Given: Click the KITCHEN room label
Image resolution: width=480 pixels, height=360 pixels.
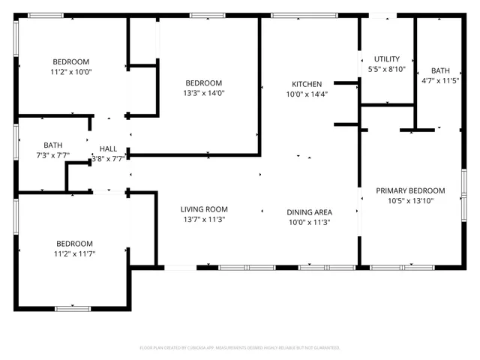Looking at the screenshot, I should (x=307, y=84).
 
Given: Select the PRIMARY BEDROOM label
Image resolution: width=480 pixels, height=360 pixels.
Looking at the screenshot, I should (x=410, y=190).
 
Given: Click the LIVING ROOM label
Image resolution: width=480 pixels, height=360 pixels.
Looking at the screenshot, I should (x=204, y=209).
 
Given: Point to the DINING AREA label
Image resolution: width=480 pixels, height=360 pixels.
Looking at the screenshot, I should (x=310, y=212).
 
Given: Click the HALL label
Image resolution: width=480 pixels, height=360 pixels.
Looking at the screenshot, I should (x=108, y=148).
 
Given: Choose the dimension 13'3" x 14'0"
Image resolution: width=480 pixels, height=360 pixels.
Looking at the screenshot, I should (x=204, y=93).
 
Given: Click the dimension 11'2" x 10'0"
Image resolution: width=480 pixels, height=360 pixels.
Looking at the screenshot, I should (x=70, y=72).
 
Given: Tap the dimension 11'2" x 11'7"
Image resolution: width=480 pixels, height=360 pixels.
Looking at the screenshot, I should (x=74, y=253).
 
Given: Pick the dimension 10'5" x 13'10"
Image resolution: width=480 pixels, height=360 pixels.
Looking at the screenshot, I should (x=410, y=200).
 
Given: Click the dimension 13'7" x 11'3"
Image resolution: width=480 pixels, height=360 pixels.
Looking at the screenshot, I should (x=204, y=220).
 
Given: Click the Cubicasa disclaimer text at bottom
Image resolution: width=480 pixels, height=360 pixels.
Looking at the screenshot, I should (x=240, y=348).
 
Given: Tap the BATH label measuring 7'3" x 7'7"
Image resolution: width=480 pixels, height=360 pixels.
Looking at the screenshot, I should (x=53, y=145).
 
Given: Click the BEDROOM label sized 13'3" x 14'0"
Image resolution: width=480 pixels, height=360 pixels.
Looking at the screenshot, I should (x=204, y=83).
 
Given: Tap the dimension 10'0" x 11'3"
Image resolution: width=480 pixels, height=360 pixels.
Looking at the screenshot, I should (x=310, y=222).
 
